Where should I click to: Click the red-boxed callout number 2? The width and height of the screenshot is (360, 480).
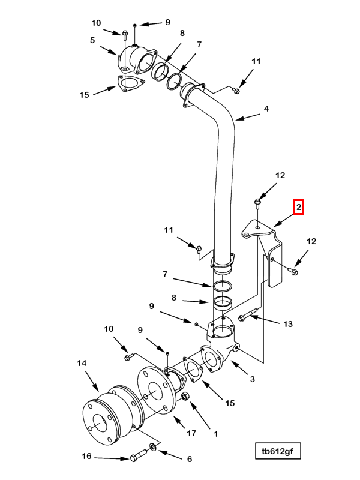click(298, 207)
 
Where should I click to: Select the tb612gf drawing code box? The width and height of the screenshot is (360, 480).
click(278, 451)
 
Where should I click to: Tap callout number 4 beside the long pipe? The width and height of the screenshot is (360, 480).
click(266, 109)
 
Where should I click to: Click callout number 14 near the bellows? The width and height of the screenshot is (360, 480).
click(82, 363)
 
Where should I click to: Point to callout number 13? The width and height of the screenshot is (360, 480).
click(288, 324)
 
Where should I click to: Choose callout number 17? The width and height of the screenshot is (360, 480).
click(191, 433)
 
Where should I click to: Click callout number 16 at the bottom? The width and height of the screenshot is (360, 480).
click(86, 456)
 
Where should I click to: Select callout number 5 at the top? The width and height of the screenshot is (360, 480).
click(92, 40)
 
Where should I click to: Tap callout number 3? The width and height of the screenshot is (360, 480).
click(252, 379)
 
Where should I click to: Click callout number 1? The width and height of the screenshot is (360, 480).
click(215, 434)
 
